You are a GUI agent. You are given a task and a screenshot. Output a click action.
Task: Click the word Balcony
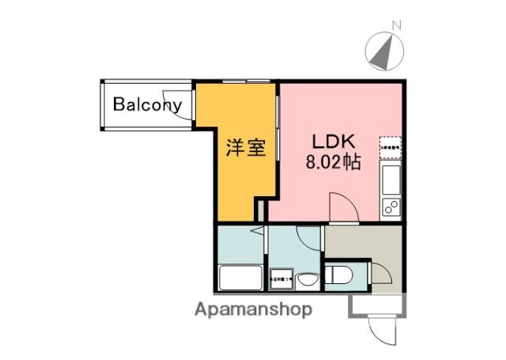(147, 104)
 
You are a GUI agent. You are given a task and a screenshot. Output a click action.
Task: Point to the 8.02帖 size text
(334, 164)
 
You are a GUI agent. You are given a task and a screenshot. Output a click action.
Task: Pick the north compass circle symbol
(383, 51)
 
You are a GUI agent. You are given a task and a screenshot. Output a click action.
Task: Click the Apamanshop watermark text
(253, 309)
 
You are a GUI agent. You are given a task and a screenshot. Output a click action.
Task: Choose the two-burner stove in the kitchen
(391, 207)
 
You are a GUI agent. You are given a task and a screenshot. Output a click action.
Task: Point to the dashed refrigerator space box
(391, 146)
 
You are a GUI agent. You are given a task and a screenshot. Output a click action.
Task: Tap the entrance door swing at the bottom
(381, 324)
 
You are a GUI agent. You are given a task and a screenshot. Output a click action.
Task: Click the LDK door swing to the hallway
(342, 207)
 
